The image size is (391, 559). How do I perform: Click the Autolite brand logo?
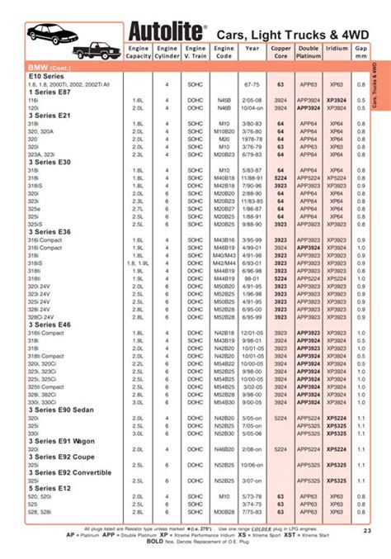click(164, 32)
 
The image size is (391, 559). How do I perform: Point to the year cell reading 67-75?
click(252, 84)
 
